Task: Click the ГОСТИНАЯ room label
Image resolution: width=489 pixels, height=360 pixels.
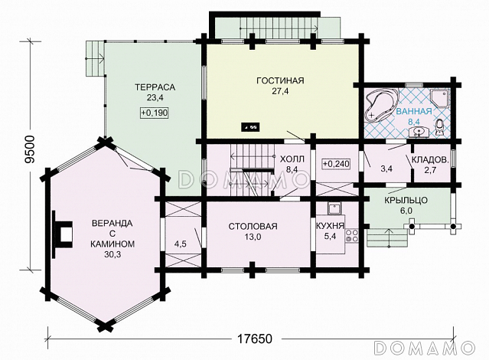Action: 280,80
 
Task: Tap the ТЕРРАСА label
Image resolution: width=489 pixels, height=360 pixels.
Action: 155,87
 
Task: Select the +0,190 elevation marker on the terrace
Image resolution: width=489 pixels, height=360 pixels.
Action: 155,113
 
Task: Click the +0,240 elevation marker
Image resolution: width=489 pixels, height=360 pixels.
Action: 336,164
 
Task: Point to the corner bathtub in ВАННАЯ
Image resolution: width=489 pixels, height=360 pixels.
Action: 381,105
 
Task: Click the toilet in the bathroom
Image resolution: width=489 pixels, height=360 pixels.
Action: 440,127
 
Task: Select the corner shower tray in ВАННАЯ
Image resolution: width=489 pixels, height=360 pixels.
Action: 440,98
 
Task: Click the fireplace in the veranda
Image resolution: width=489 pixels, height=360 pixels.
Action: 62,234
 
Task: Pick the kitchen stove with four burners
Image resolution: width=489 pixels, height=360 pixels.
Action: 352,236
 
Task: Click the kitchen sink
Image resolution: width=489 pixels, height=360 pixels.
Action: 334,208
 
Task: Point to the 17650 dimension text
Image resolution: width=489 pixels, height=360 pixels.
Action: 255,339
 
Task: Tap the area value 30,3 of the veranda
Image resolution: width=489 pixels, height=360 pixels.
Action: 112,254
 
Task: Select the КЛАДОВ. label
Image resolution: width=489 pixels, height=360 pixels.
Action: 430,160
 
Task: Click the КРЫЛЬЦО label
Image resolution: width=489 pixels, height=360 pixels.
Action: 406,200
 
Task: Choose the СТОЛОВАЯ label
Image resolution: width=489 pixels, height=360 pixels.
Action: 253,226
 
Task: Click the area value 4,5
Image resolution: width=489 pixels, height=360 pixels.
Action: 180,244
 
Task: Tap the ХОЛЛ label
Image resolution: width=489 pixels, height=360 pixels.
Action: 292,159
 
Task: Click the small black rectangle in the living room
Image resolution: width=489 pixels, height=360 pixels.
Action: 251,126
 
